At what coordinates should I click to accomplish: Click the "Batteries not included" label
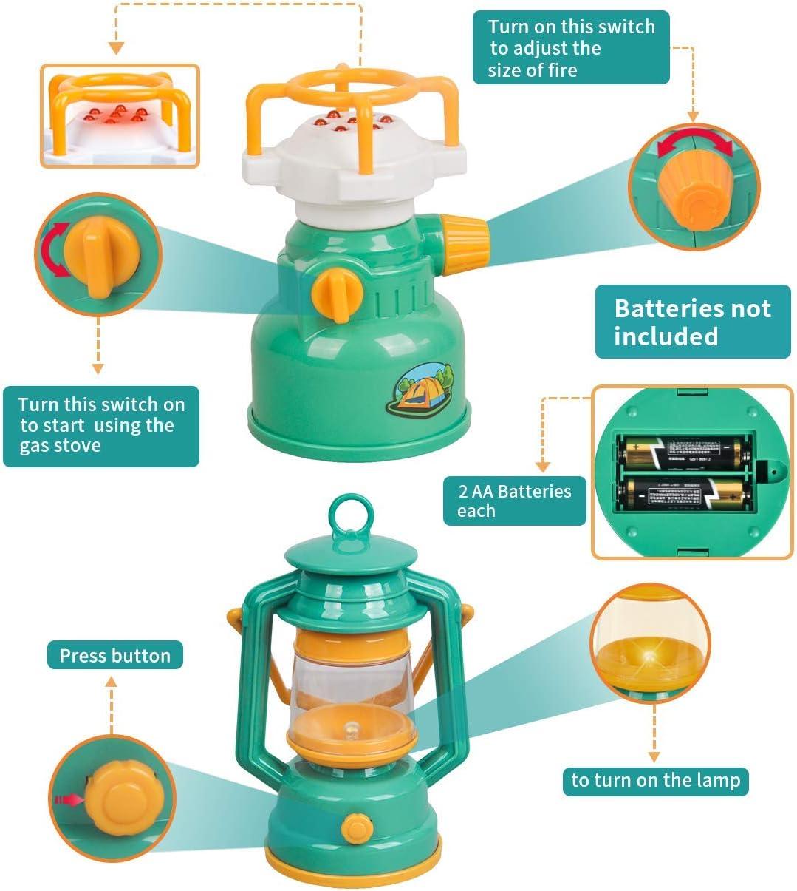[x=692, y=322]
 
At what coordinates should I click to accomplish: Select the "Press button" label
[x=114, y=655]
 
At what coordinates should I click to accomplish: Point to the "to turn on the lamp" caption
[x=655, y=780]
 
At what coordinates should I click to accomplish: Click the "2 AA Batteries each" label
[x=514, y=501]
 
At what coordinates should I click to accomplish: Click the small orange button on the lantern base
[x=358, y=825]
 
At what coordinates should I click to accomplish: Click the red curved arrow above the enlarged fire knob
[x=694, y=142]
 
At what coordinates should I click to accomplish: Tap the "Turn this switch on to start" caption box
[x=101, y=425]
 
